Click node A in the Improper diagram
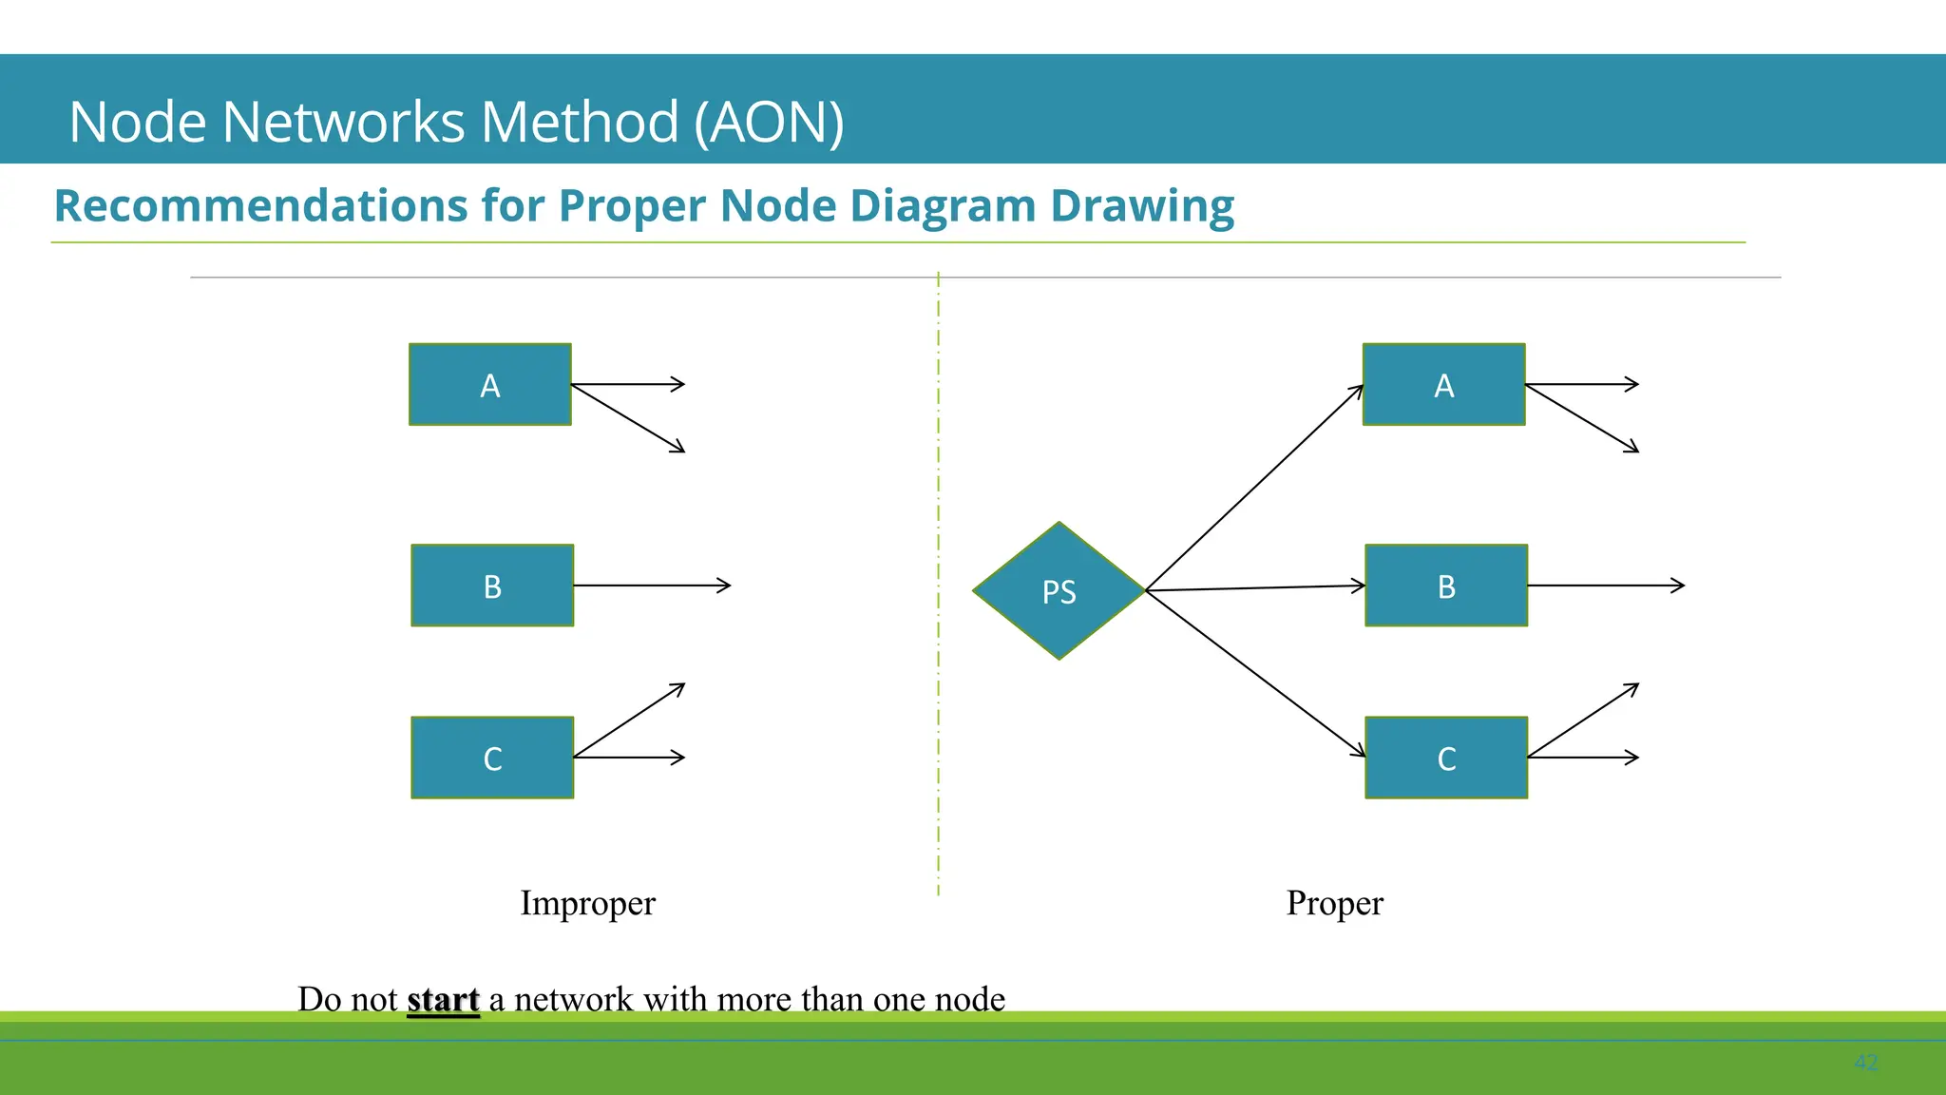(x=489, y=385)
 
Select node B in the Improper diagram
(x=492, y=586)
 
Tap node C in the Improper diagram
(x=492, y=758)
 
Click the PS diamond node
(x=1059, y=590)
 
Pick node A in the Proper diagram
(x=1443, y=385)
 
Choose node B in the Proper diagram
(x=1446, y=586)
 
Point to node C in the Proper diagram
(x=1446, y=758)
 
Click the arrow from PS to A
(x=1254, y=488)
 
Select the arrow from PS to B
(x=1254, y=588)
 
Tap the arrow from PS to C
(x=1254, y=672)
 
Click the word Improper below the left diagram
(x=587, y=903)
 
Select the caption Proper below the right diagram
(x=1334, y=903)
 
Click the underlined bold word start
(x=443, y=999)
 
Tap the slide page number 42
(x=1865, y=1063)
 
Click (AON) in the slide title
(x=769, y=123)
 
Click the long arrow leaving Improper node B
(x=652, y=586)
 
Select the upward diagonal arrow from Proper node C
(x=1582, y=720)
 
